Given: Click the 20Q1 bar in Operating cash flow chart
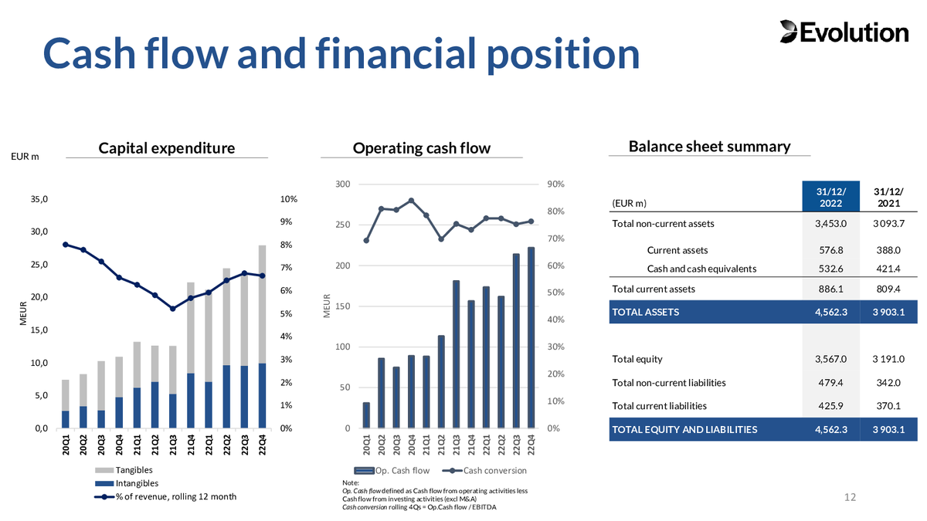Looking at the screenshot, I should [366, 415].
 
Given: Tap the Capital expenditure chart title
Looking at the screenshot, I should [167, 147].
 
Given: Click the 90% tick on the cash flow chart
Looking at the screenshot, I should [556, 184].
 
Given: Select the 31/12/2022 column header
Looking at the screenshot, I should [830, 196].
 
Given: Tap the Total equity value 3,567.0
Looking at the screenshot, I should [831, 359].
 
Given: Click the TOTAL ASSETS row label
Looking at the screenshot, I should [645, 312].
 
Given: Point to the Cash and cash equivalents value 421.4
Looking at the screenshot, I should [888, 269].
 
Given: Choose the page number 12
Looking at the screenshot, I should [851, 497].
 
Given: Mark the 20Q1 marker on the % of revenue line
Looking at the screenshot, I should [66, 245].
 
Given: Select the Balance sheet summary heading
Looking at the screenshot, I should [709, 146].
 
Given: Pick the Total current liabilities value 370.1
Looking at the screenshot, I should [888, 405].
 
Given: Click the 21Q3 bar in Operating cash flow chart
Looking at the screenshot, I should [457, 354].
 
